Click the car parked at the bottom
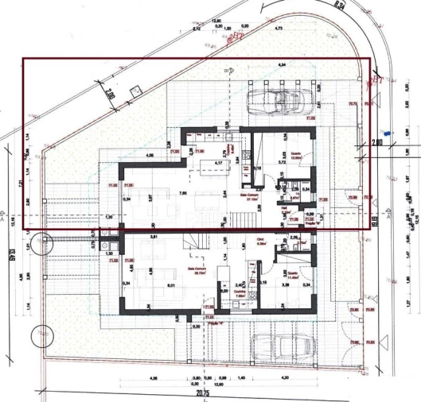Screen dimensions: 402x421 (277, 347)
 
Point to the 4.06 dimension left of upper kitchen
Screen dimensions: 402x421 (150, 156)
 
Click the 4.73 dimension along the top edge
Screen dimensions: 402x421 (279, 28)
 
